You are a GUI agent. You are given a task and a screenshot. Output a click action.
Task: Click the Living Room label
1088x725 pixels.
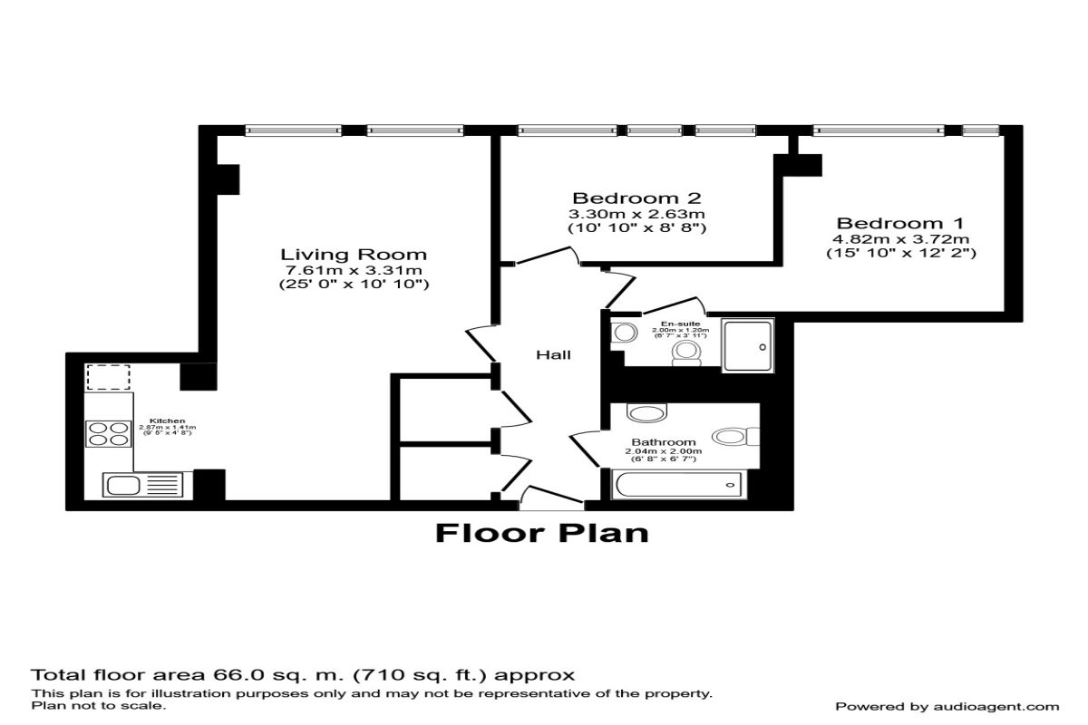[353, 254]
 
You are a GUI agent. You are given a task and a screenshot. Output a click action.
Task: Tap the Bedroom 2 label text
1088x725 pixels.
[636, 198]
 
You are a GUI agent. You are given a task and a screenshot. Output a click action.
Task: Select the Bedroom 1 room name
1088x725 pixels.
[900, 223]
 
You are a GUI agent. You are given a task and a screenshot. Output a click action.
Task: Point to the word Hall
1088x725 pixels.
[553, 354]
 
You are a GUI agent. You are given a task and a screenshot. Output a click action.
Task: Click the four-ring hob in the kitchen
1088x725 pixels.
[108, 433]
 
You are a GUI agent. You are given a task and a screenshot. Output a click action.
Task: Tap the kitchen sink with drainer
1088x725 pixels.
[146, 484]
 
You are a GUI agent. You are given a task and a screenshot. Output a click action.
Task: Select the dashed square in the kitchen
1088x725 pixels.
[108, 377]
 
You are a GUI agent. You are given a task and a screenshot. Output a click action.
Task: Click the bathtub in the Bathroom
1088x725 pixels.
[677, 486]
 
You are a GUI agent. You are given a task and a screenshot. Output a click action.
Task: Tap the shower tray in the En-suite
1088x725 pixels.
[748, 345]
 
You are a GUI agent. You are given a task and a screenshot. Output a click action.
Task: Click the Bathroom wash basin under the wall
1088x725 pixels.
[648, 414]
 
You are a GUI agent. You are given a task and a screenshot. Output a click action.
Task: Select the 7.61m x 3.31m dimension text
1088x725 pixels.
[353, 270]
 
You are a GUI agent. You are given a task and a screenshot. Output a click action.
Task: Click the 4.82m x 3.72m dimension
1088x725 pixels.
[900, 238]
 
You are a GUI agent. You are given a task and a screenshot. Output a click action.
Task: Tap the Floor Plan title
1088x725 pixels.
[542, 532]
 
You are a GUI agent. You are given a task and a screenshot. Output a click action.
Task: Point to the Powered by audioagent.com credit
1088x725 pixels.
[947, 706]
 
